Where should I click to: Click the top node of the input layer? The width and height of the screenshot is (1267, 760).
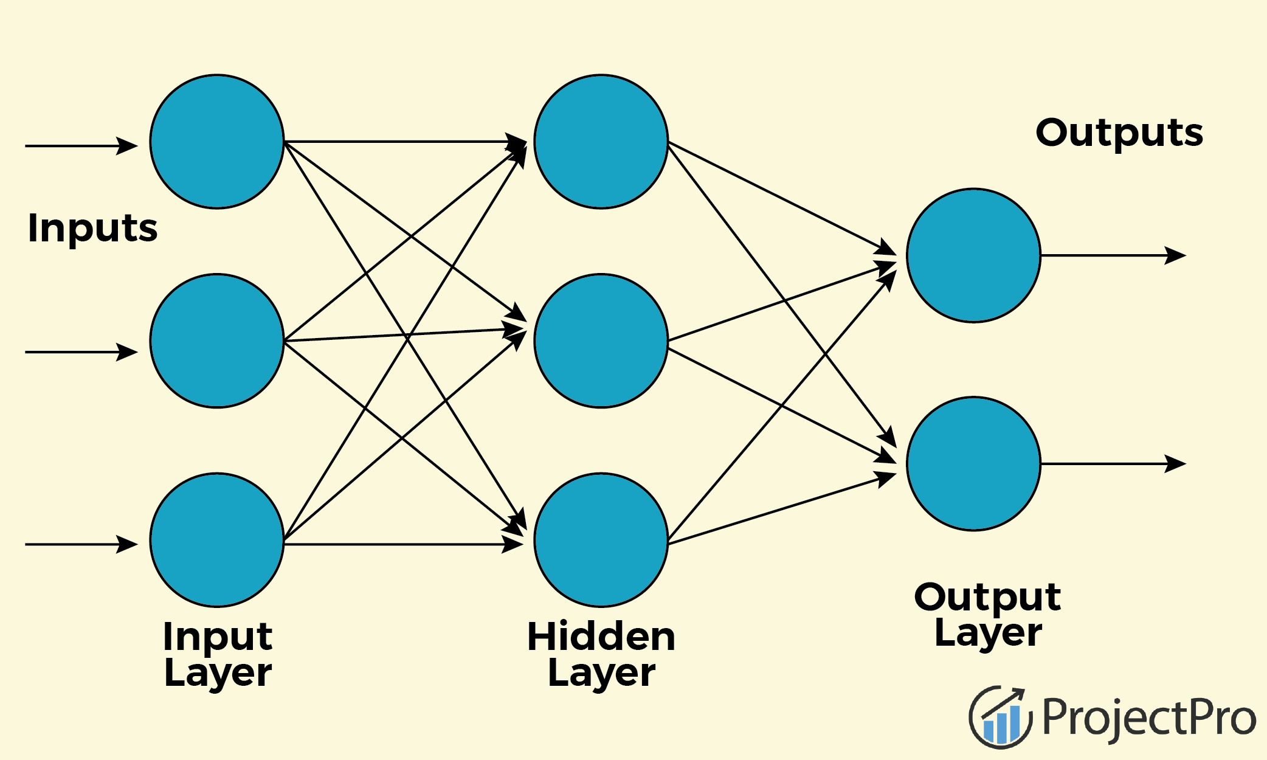(217, 142)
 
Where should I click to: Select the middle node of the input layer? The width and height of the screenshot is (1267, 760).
(217, 341)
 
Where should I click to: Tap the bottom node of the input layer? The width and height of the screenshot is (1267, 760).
(217, 540)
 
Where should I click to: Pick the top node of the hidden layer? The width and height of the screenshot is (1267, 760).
(601, 142)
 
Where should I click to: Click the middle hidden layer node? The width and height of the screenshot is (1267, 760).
(601, 341)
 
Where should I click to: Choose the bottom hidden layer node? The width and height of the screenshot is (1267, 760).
(601, 540)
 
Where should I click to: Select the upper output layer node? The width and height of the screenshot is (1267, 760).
(973, 255)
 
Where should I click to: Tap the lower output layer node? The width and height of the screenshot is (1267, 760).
(973, 464)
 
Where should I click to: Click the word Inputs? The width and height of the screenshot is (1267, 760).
(92, 229)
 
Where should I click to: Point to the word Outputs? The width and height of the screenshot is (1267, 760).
(1119, 133)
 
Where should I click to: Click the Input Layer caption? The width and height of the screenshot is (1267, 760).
(218, 654)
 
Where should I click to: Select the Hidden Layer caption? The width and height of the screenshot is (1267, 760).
(601, 654)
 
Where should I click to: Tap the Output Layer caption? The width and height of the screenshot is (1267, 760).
(988, 615)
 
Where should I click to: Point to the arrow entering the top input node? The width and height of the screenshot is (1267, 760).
(81, 146)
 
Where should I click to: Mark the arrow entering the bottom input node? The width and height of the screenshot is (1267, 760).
(81, 544)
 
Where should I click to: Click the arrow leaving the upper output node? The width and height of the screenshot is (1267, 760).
(1113, 255)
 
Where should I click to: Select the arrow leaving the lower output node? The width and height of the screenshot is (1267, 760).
(1113, 464)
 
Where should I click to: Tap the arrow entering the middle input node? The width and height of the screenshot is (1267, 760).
(81, 351)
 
